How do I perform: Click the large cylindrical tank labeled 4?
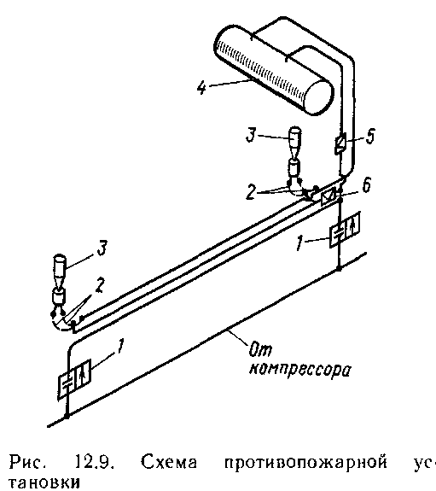(274, 71)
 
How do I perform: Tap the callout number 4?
(202, 87)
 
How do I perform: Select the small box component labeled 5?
(340, 143)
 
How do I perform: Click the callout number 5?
(370, 137)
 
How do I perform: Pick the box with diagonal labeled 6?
(328, 196)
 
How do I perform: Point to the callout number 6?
(367, 185)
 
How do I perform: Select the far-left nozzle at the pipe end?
(59, 279)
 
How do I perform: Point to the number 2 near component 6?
(250, 192)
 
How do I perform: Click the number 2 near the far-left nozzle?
(99, 285)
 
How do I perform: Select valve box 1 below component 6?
(345, 230)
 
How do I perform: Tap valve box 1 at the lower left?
(74, 379)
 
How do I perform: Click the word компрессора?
(299, 370)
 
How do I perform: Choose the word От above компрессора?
(260, 349)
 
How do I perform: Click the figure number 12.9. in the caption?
(94, 462)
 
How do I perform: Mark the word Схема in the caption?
(169, 462)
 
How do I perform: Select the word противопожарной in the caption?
(305, 463)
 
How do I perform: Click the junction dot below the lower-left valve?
(67, 416)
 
